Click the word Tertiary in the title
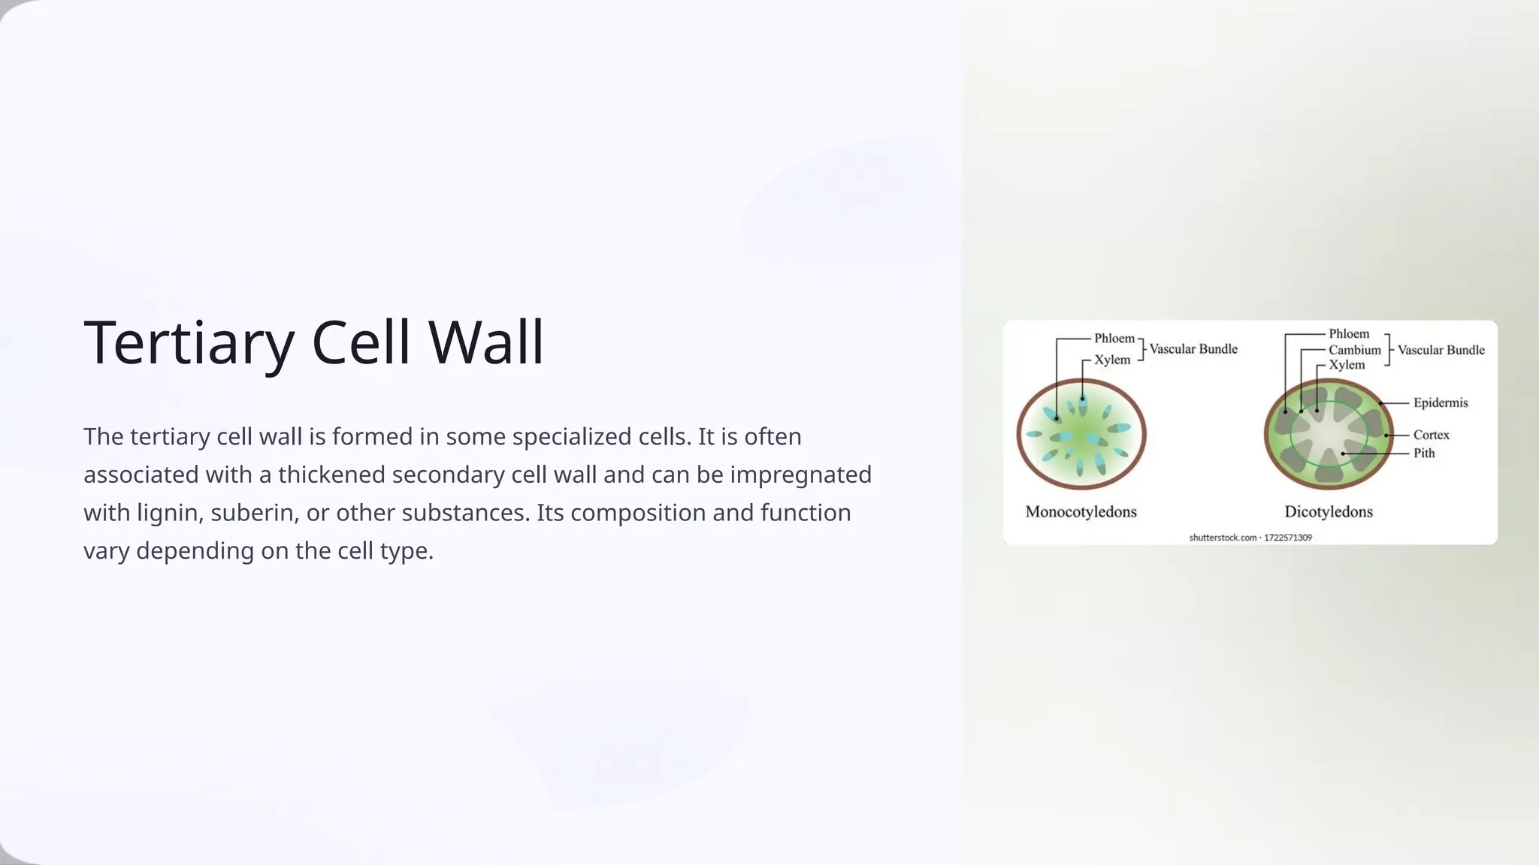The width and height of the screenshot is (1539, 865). [189, 342]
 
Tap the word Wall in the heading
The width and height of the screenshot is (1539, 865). [486, 342]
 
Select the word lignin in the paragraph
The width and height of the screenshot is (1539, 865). [170, 513]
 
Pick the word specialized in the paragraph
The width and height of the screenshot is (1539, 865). [568, 436]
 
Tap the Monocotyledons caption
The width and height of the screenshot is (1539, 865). [1081, 512]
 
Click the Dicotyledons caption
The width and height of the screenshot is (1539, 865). [1328, 512]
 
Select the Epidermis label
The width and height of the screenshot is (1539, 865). [1440, 403]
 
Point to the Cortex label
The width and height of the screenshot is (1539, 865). [1431, 436]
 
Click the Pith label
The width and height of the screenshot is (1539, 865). [1424, 454]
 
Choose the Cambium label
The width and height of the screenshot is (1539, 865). [1354, 350]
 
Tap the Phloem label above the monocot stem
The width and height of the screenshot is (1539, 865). [1114, 339]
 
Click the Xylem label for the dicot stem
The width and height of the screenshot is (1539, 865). [1346, 365]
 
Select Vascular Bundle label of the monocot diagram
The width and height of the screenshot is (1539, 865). [1193, 349]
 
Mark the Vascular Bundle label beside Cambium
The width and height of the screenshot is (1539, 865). [1441, 350]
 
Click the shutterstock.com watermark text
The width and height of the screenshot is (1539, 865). [1250, 538]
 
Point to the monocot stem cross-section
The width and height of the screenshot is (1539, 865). [1081, 435]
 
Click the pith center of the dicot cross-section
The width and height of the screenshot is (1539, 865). [1328, 436]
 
